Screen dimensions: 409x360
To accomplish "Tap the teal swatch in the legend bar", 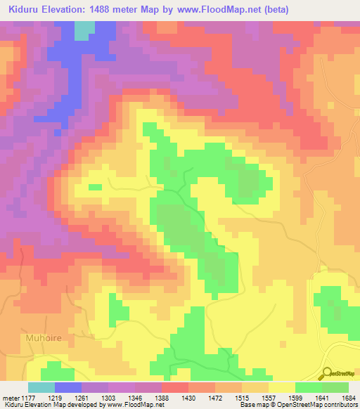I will (41, 387).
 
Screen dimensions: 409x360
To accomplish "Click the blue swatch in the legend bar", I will (68, 387).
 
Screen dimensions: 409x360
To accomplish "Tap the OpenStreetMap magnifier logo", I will (327, 372).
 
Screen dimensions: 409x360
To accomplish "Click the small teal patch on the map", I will (84, 30).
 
